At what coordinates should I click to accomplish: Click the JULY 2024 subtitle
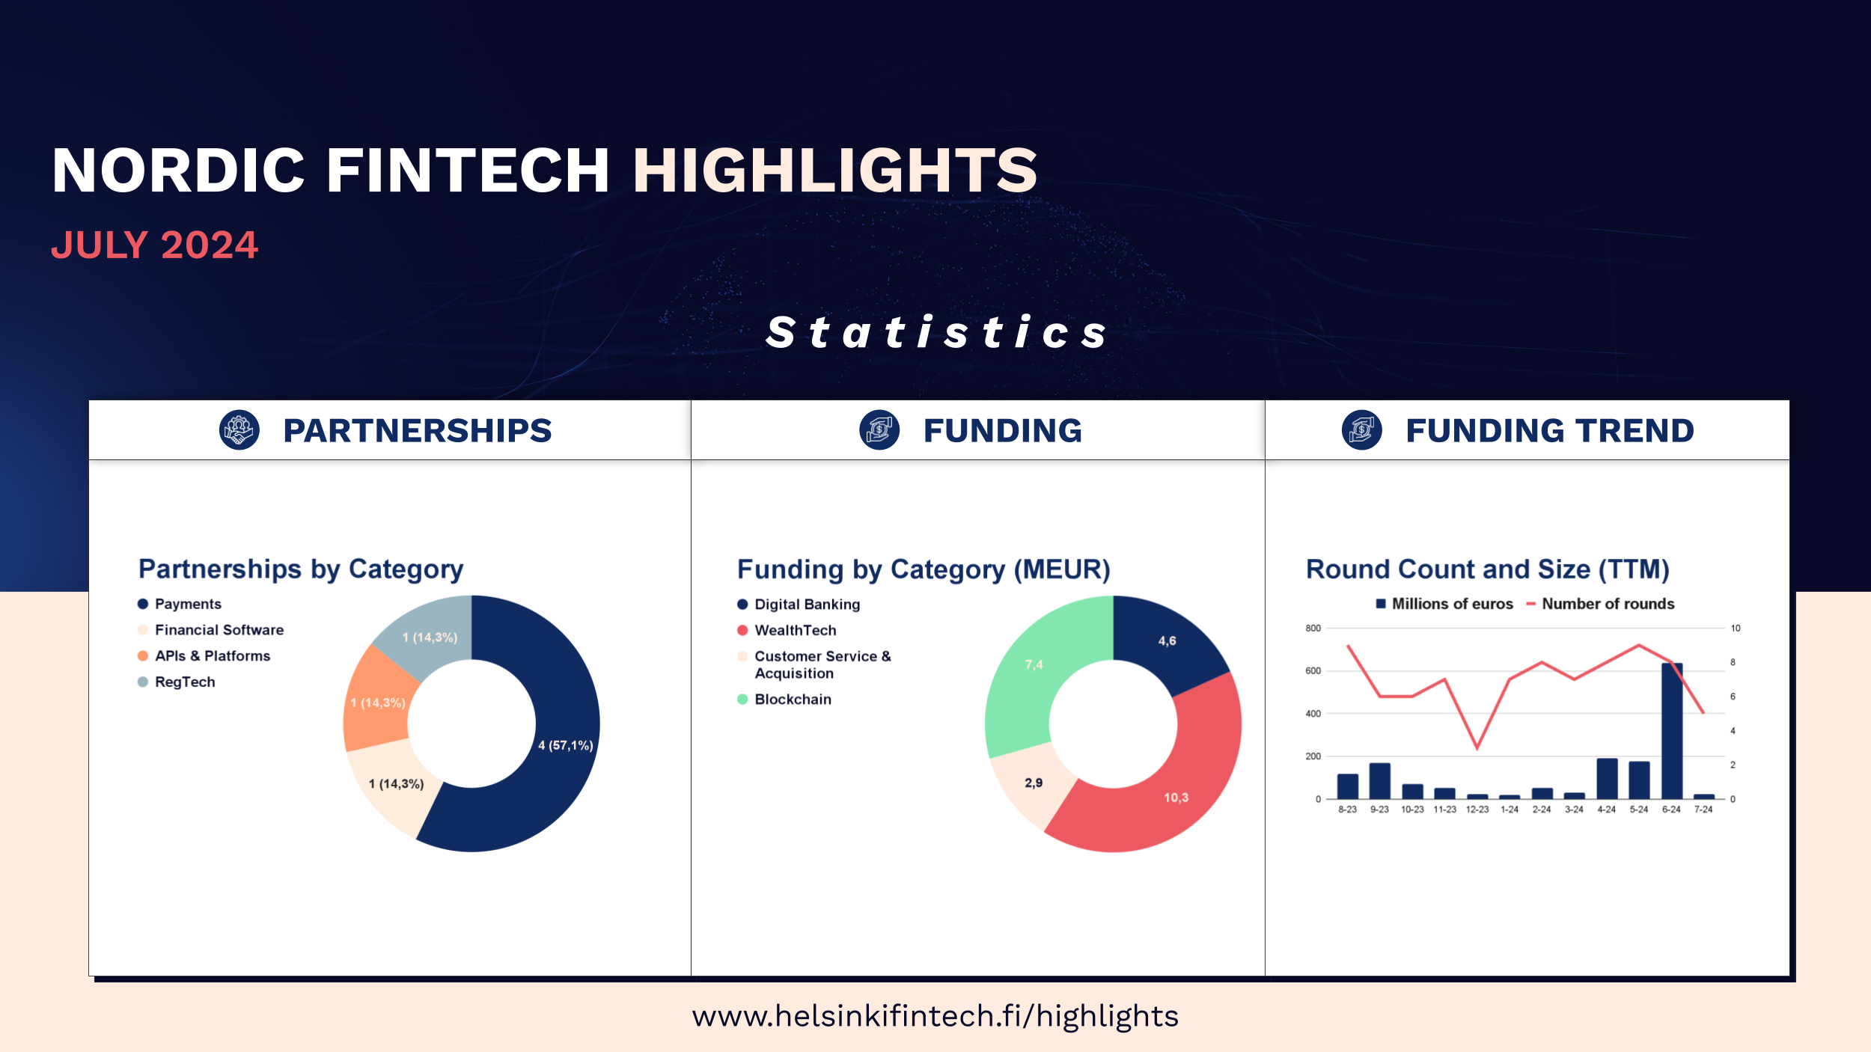coord(154,245)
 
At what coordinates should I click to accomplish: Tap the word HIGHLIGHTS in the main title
coord(835,171)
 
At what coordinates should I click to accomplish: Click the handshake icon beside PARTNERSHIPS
coord(239,430)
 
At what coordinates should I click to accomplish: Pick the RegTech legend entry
coord(177,682)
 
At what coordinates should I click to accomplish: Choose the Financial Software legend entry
coord(211,630)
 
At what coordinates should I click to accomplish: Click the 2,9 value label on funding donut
coord(1034,783)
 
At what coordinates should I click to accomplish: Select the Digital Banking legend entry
coord(799,605)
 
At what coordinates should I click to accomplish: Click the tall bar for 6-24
coord(1672,731)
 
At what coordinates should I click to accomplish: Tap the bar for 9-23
coord(1379,781)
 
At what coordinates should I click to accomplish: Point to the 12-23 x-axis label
coord(1477,810)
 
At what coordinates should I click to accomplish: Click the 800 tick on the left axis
coord(1313,629)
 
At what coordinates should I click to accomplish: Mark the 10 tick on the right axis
coord(1736,629)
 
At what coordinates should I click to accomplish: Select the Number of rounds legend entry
coord(1600,604)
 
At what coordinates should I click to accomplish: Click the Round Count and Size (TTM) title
coord(1488,569)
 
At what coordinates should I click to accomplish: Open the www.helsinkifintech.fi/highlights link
coord(935,1016)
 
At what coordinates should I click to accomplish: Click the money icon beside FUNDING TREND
coord(1362,430)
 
